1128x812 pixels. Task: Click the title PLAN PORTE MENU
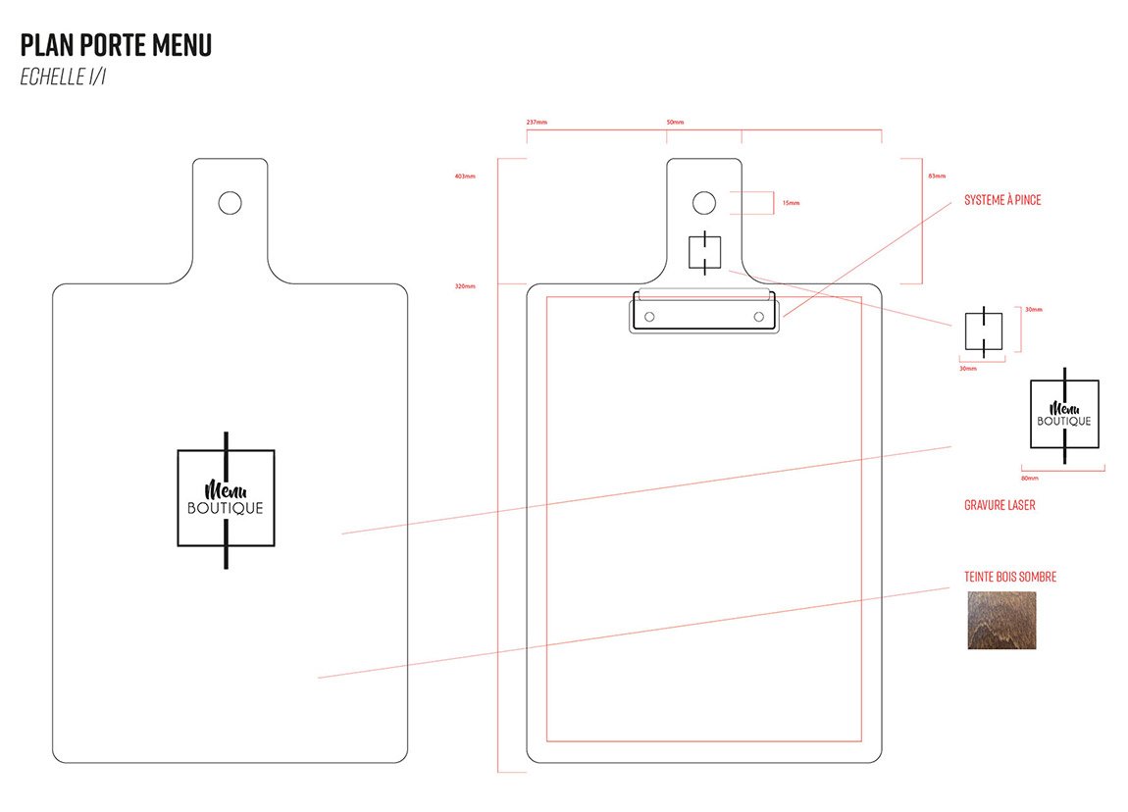coord(116,45)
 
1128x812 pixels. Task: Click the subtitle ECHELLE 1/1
coord(63,77)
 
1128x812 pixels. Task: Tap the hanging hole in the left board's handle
coord(230,203)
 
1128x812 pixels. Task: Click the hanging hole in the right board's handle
coord(703,203)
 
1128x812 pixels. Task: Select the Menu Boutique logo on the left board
coord(226,498)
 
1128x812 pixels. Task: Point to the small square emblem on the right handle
coord(704,252)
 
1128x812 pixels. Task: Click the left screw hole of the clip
coord(648,317)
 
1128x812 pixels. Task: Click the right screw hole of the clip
coord(758,317)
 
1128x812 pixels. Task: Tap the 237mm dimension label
coord(537,123)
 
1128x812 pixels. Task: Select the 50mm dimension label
coord(675,123)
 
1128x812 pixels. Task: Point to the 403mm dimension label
coord(465,177)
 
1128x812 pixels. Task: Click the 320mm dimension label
coord(465,286)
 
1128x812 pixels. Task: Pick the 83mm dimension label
coord(937,177)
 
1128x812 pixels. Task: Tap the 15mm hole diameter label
coord(791,203)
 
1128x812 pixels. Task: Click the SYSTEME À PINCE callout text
coord(1002,200)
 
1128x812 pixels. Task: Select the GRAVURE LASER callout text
coord(1000,505)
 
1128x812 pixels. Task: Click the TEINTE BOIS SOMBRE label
coord(1010,577)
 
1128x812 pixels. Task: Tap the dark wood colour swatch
coord(1001,620)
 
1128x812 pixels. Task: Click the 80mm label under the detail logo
coord(1030,479)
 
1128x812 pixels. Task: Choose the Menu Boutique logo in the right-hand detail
coord(1064,415)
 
